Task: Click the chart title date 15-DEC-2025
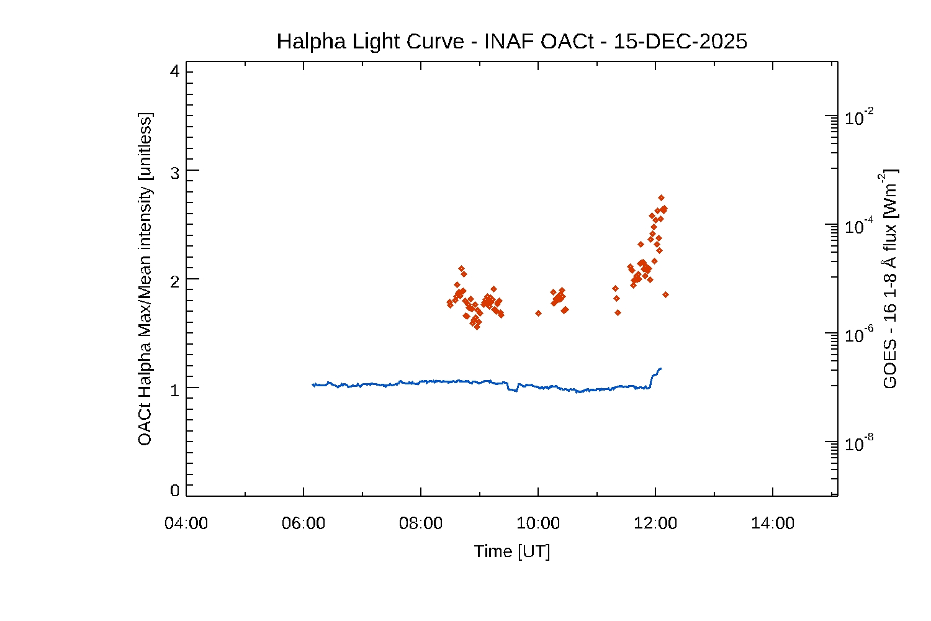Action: [680, 42]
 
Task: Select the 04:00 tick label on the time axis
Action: [186, 524]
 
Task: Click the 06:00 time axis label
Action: [304, 524]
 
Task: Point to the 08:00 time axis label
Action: [421, 524]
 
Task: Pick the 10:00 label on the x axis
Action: [538, 524]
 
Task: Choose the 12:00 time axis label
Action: [655, 524]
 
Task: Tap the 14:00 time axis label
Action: [773, 524]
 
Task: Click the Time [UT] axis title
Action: [512, 551]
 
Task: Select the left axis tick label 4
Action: [174, 71]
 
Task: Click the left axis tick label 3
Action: [174, 173]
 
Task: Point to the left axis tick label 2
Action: [174, 281]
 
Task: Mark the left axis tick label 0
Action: [174, 491]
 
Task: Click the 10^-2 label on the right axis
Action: [860, 117]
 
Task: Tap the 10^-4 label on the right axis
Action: [860, 226]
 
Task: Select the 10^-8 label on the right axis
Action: [860, 443]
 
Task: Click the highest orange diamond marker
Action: [661, 198]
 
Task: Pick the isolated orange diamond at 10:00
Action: [538, 313]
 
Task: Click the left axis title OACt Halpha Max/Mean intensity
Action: [145, 279]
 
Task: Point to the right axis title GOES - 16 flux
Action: [890, 279]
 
